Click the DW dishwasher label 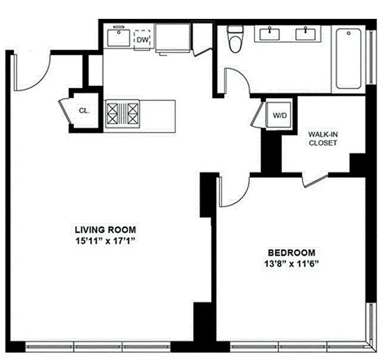[143, 40]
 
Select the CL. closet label [84, 110]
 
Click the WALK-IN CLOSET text [322, 139]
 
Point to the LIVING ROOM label [105, 229]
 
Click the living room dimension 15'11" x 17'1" [105, 241]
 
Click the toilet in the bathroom [235, 40]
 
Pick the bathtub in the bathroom [349, 58]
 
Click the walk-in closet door [315, 180]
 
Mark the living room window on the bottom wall [98, 347]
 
